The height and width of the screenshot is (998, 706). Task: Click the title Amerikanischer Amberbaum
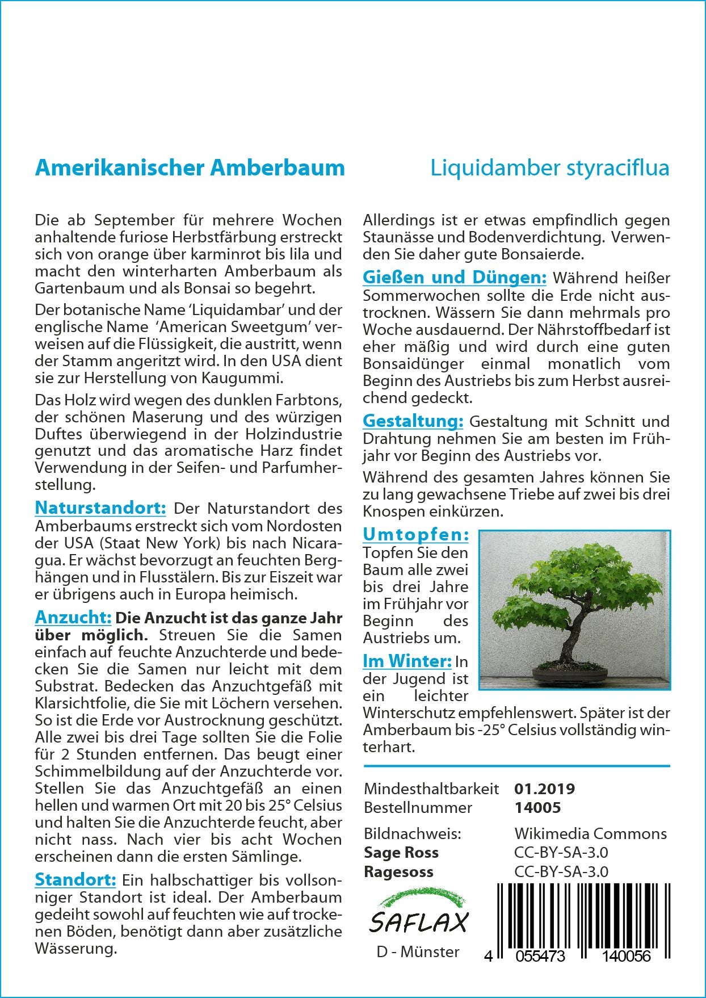[190, 168]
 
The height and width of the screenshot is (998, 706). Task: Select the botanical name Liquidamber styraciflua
[549, 168]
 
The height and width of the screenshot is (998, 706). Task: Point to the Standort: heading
[75, 879]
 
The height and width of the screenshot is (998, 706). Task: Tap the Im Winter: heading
[407, 661]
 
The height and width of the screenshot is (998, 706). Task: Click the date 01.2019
[544, 789]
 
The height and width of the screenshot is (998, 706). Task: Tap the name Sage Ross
[401, 852]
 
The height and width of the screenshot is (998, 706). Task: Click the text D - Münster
[418, 951]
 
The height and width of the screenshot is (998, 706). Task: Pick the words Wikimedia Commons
[590, 833]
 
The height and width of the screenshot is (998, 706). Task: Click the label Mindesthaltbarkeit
[431, 789]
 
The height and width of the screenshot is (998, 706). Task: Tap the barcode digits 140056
[626, 956]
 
